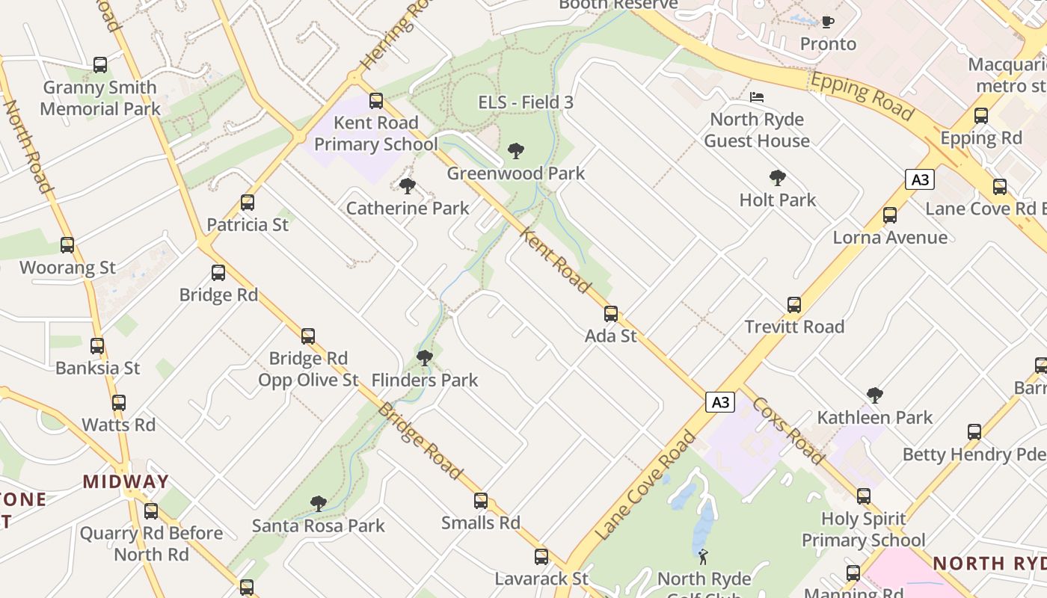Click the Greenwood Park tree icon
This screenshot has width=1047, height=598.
515,151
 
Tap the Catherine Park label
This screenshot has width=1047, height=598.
408,209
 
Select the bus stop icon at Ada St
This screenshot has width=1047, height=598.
611,314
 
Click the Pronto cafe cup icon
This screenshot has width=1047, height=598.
828,22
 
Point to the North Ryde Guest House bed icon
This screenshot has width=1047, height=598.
757,97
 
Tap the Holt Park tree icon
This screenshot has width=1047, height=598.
778,178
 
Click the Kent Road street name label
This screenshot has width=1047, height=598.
555,260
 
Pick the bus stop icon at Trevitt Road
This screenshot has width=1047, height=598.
794,305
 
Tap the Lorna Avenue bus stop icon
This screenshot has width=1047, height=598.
890,215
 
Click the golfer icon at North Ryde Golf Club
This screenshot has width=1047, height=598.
703,556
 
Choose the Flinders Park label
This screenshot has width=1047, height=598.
425,380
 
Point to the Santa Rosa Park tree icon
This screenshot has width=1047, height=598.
319,504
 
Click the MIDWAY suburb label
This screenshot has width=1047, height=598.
126,481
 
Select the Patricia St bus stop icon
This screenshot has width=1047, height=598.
248,203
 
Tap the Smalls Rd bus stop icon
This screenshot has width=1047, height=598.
481,501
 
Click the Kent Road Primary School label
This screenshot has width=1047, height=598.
375,133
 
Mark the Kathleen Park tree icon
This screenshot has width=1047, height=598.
875,395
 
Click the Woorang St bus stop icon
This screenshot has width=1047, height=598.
67,245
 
